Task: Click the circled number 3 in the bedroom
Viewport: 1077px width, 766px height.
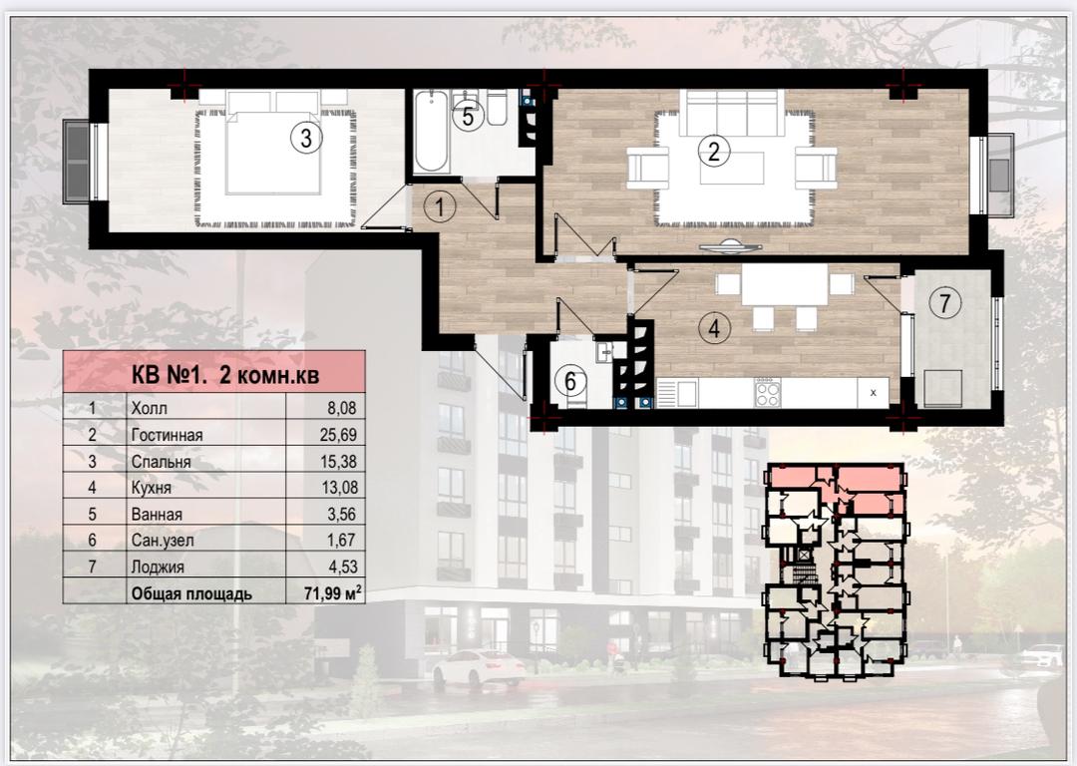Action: (x=306, y=138)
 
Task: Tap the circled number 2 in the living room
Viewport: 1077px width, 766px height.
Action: (x=714, y=151)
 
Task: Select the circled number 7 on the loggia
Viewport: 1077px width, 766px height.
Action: (x=945, y=302)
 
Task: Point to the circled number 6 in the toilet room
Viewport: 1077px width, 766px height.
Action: (x=570, y=381)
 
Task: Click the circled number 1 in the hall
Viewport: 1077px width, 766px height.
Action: (x=440, y=206)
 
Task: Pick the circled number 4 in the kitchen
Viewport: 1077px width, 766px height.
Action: (x=714, y=328)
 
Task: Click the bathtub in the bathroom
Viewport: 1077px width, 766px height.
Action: (x=432, y=131)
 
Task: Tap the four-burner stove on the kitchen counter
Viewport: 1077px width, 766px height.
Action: (x=767, y=392)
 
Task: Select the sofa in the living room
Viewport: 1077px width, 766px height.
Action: (x=732, y=113)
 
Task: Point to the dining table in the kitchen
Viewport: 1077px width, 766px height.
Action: (x=785, y=286)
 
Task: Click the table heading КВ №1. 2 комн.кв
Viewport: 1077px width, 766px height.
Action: (x=225, y=375)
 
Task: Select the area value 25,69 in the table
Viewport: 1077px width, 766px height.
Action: (x=339, y=434)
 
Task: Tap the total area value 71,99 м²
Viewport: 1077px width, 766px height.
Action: (x=333, y=592)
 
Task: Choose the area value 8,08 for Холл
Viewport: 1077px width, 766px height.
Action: (x=342, y=408)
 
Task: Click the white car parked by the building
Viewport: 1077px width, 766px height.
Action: (x=479, y=665)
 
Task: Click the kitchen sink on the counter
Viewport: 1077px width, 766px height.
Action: (x=676, y=392)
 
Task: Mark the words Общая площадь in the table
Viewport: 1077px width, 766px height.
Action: (x=191, y=594)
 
